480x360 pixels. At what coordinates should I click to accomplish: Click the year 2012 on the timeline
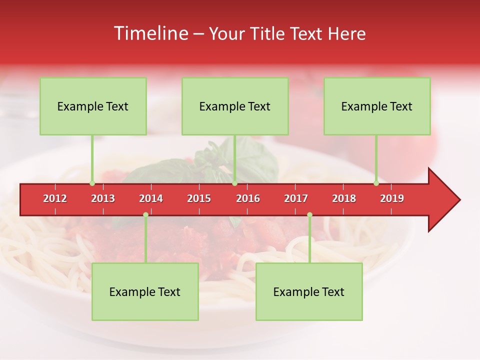click(x=55, y=198)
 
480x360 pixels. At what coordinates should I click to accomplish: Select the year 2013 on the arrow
click(x=103, y=198)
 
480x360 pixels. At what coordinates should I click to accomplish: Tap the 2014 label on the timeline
click(x=151, y=198)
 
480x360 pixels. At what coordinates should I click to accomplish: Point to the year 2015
click(x=199, y=198)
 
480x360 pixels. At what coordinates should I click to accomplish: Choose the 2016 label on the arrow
click(x=248, y=198)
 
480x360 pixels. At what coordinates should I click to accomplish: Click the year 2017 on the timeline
click(x=296, y=198)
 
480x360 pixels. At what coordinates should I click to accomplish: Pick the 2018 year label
click(x=344, y=198)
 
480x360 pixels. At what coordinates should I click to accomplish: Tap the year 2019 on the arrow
click(x=392, y=198)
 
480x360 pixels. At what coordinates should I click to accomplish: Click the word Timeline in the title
click(x=150, y=33)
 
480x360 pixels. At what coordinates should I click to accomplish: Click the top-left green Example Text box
click(x=93, y=106)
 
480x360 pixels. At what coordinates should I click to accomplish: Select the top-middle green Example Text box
click(x=235, y=106)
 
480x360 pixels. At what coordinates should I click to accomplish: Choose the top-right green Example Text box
click(x=377, y=106)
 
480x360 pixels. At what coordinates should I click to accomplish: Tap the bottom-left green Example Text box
click(x=145, y=291)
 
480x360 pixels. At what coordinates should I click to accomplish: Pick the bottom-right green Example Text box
click(x=309, y=291)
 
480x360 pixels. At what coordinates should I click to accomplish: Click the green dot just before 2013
click(x=92, y=183)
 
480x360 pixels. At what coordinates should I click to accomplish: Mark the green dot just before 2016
click(x=234, y=183)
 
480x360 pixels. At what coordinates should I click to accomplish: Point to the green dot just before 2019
click(x=376, y=183)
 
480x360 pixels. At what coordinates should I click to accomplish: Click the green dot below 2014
click(x=145, y=215)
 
